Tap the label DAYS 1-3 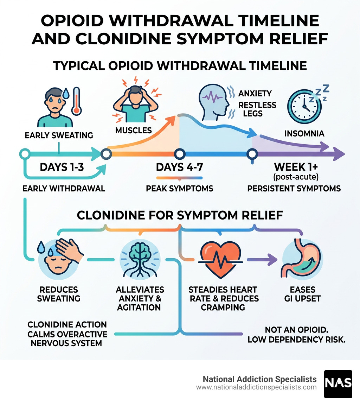point(62,167)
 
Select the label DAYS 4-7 point(180,167)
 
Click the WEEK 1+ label point(294,166)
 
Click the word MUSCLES point(133,131)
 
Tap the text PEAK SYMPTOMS point(180,188)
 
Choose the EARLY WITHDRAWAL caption point(64,188)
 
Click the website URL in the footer point(256,387)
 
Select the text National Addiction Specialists point(260,379)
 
